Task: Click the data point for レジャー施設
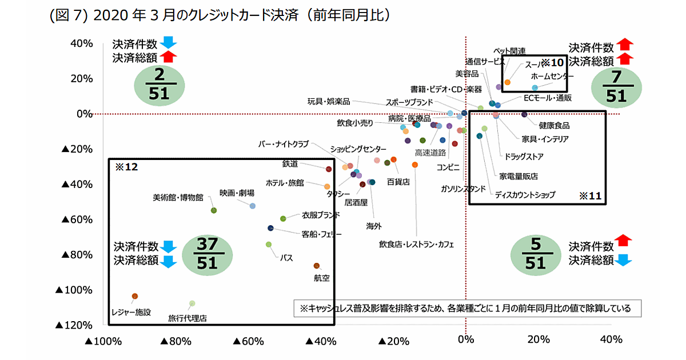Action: pos(135,296)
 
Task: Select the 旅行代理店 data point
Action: pos(192,303)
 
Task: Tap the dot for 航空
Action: pos(317,266)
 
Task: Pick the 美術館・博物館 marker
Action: pos(214,210)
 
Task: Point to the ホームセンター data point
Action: pos(535,88)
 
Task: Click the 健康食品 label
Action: pos(554,125)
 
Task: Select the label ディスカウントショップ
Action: pos(524,195)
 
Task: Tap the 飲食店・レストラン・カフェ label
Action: pos(416,245)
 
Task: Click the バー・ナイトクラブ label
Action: pos(284,143)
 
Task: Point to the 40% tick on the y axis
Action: pos(81,43)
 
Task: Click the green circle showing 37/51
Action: pos(208,253)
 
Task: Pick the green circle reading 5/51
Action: pos(535,253)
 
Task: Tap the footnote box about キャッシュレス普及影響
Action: pos(466,309)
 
